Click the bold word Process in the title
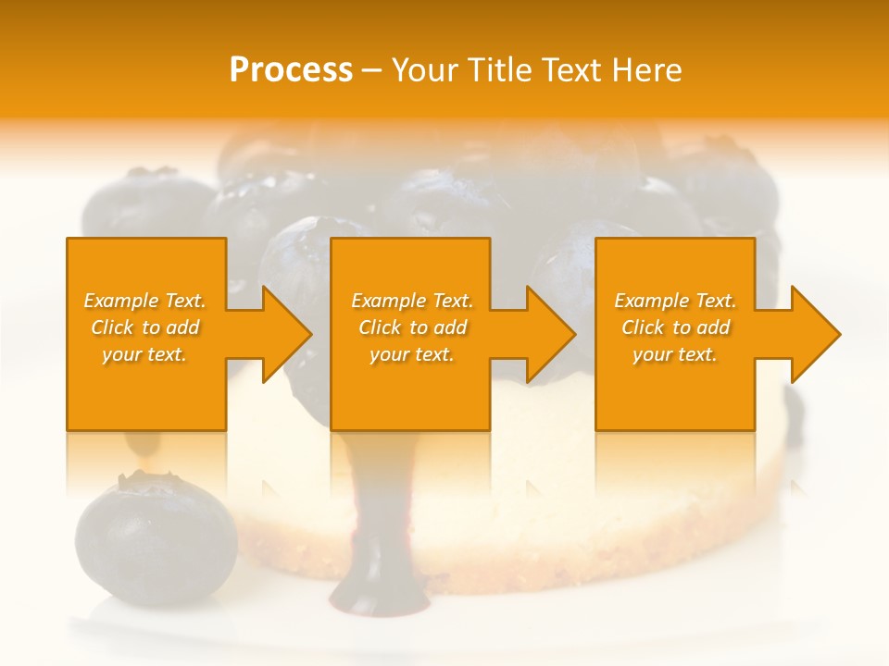coord(291,70)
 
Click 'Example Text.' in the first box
coord(144,301)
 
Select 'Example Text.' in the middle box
coord(412,301)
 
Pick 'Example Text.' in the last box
coord(675,301)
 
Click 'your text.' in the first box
coord(144,354)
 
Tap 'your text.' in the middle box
coord(412,354)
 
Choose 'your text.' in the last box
coord(675,354)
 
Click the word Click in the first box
coord(113,327)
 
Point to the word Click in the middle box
coord(381,327)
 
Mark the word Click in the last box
coord(644,327)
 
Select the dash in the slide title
coord(372,70)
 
